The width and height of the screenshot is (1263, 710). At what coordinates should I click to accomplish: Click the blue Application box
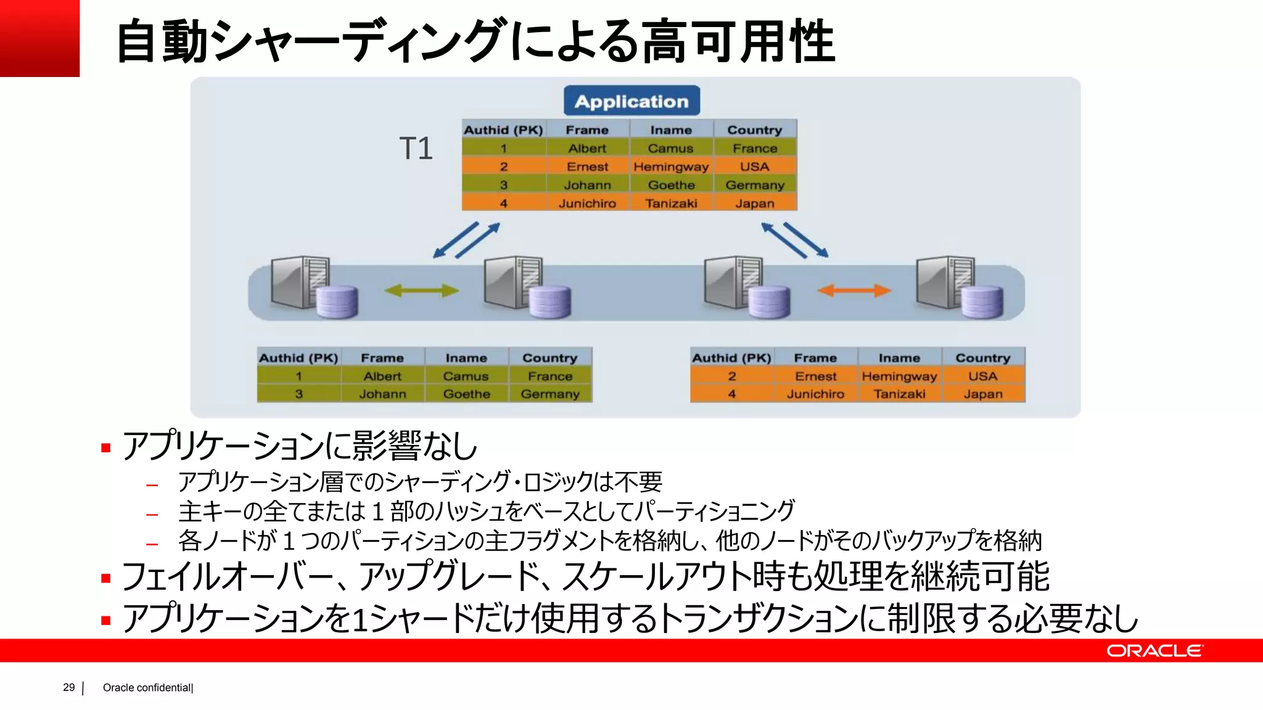[631, 101]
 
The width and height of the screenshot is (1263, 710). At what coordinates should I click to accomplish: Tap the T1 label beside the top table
[416, 149]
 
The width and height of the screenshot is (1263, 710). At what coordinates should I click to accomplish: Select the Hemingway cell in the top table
[671, 167]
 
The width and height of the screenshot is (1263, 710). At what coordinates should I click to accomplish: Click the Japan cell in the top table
[755, 203]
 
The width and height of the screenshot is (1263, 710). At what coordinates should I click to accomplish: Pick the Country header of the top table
[755, 130]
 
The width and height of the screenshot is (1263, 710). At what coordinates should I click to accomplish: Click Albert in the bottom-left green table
[382, 376]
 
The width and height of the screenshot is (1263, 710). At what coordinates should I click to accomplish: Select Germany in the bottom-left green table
[550, 394]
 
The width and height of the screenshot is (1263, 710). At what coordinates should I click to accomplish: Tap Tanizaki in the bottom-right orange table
[899, 394]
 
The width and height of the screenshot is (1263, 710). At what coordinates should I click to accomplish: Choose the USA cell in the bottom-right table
[982, 376]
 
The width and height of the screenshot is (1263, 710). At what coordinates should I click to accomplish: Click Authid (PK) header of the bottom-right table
[731, 358]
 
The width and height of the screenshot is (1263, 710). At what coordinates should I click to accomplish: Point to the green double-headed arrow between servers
[422, 290]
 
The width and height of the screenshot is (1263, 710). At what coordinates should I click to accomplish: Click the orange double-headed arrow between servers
[854, 290]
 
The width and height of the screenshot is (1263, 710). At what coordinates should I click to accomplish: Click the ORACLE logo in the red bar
[1154, 651]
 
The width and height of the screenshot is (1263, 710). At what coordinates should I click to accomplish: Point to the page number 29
[68, 687]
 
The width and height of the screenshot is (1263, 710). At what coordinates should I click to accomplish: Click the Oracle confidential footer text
[147, 688]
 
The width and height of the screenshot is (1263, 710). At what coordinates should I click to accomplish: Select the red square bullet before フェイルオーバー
[106, 578]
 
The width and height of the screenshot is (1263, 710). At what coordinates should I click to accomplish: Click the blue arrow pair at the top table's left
[466, 240]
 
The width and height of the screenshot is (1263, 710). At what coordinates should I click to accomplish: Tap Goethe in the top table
[671, 185]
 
